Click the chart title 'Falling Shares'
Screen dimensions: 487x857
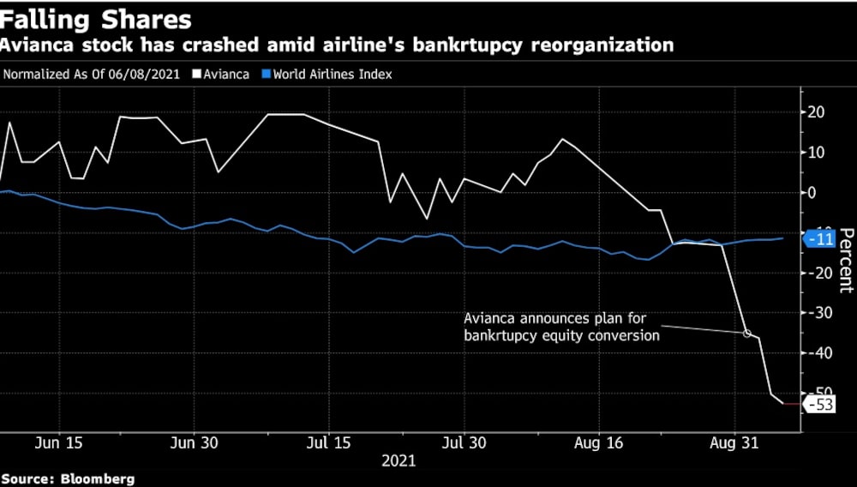pyautogui.click(x=96, y=19)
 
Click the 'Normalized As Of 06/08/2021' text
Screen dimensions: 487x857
pyautogui.click(x=92, y=74)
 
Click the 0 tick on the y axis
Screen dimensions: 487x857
pyautogui.click(x=811, y=193)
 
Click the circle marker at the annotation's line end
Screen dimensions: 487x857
pyautogui.click(x=746, y=334)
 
